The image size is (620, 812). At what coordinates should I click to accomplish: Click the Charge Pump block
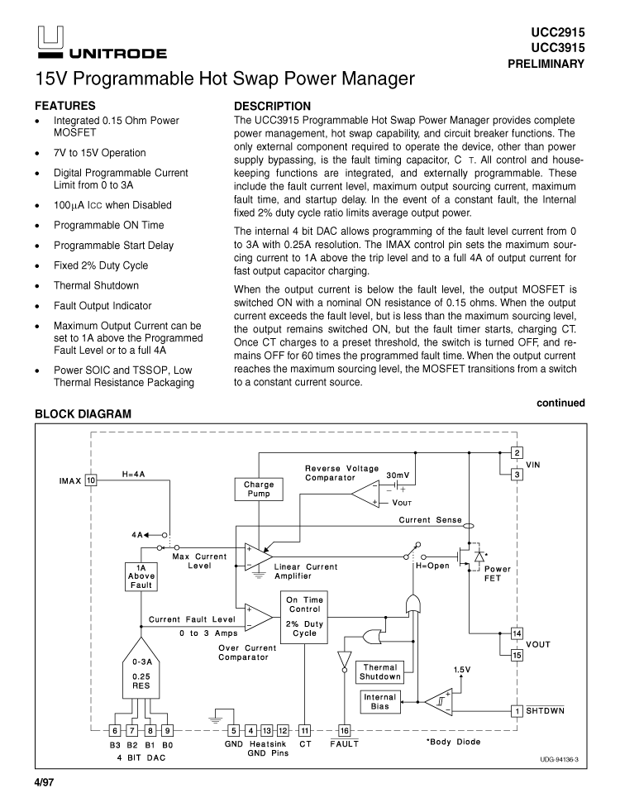(259, 489)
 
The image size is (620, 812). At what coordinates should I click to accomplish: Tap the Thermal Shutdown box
(379, 671)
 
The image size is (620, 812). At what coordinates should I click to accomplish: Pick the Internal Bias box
(380, 702)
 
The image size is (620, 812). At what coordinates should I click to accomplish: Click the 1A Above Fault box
(141, 576)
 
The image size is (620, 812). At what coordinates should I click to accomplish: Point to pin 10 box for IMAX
(92, 480)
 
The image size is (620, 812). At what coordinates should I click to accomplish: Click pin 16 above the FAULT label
(345, 730)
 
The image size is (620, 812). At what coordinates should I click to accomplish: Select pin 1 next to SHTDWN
(517, 710)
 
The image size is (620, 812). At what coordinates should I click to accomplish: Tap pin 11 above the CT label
(304, 730)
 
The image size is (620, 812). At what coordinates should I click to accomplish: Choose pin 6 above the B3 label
(116, 730)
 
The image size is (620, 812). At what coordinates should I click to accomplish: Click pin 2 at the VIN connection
(517, 452)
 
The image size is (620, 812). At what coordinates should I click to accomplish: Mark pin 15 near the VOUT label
(517, 656)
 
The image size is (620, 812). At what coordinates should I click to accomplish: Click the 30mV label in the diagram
(398, 475)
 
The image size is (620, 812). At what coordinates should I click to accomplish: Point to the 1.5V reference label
(462, 670)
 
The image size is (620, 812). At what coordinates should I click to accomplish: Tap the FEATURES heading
(64, 106)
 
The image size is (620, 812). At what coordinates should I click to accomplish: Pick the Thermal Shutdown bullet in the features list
(96, 285)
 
